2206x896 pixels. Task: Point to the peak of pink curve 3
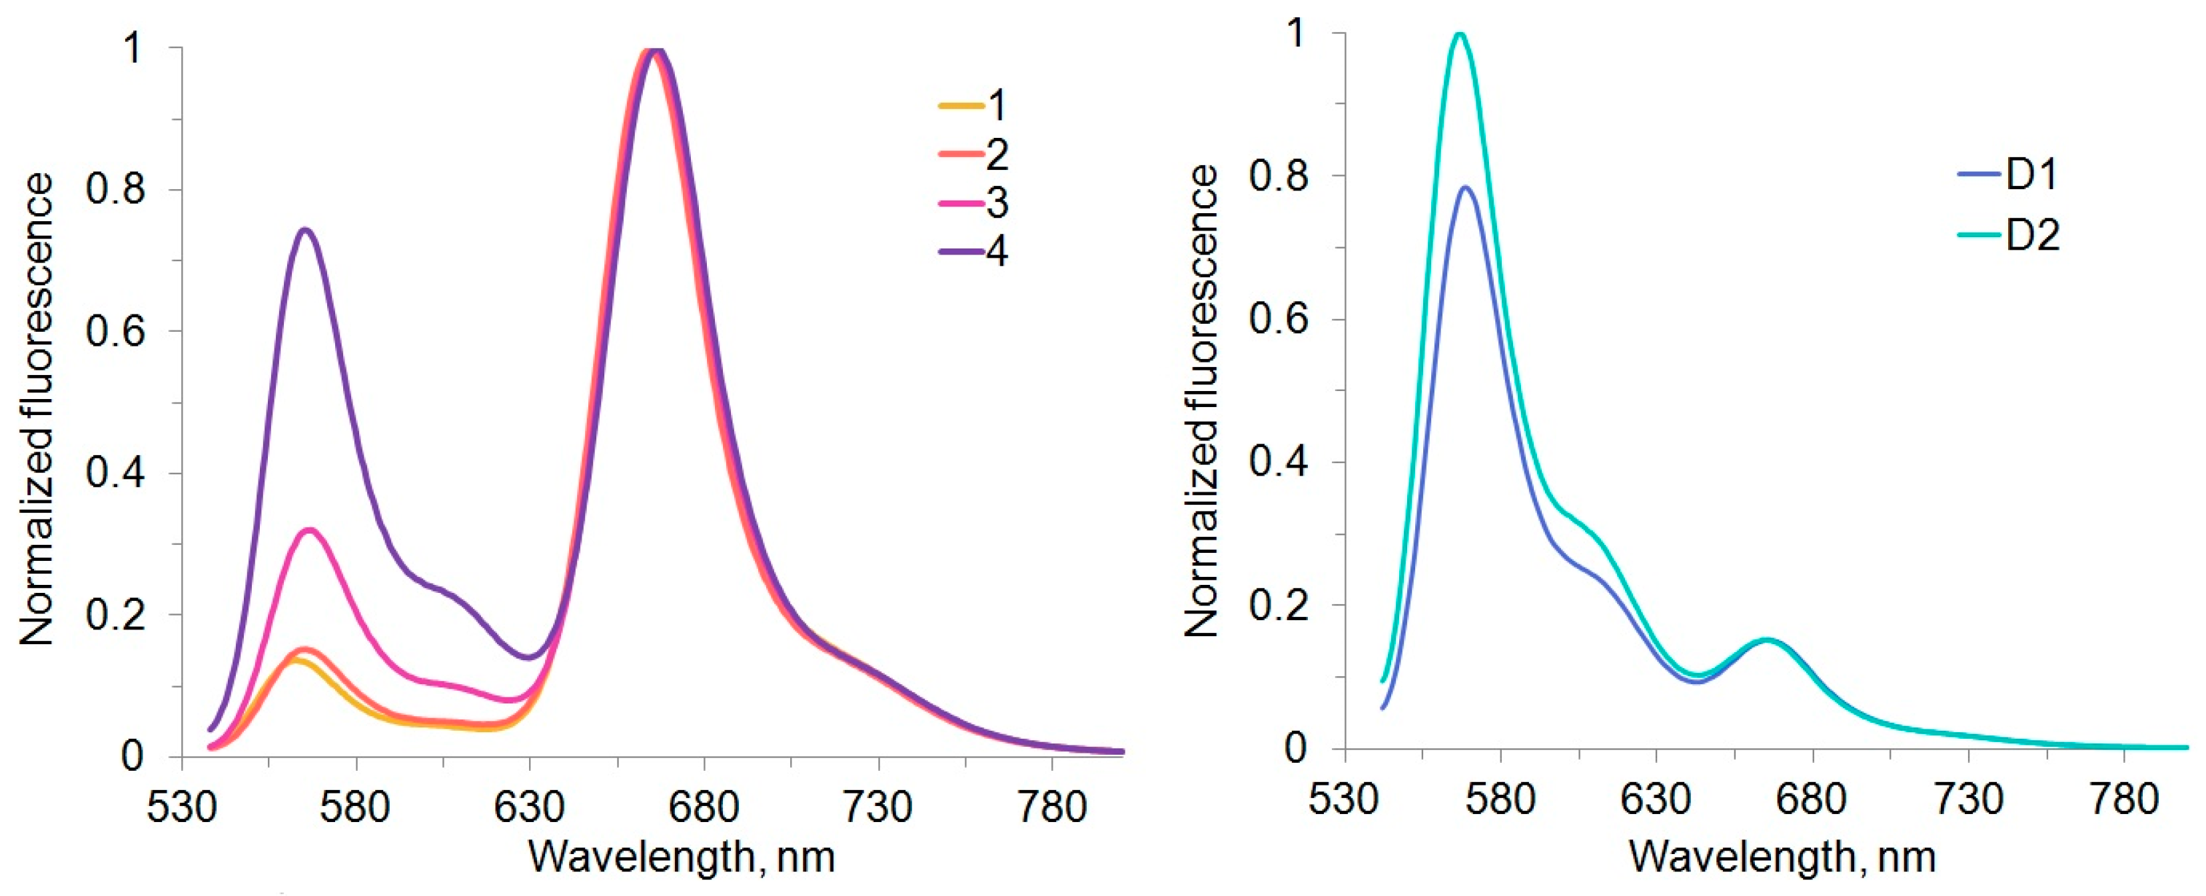[x=309, y=530]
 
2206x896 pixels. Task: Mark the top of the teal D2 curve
[x=1460, y=34]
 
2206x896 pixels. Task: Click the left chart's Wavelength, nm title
[x=681, y=857]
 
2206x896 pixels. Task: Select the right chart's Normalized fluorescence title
[x=1201, y=401]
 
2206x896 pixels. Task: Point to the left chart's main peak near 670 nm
[x=654, y=50]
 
